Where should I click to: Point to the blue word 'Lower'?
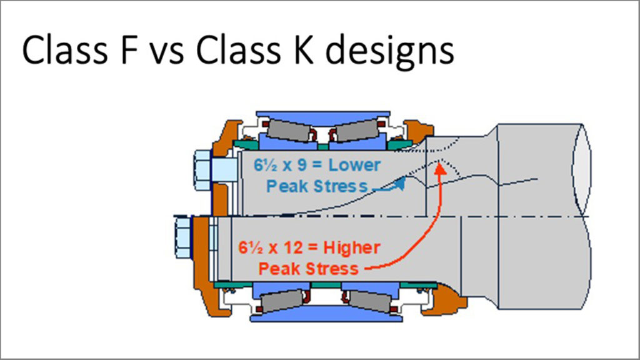click(354, 166)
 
